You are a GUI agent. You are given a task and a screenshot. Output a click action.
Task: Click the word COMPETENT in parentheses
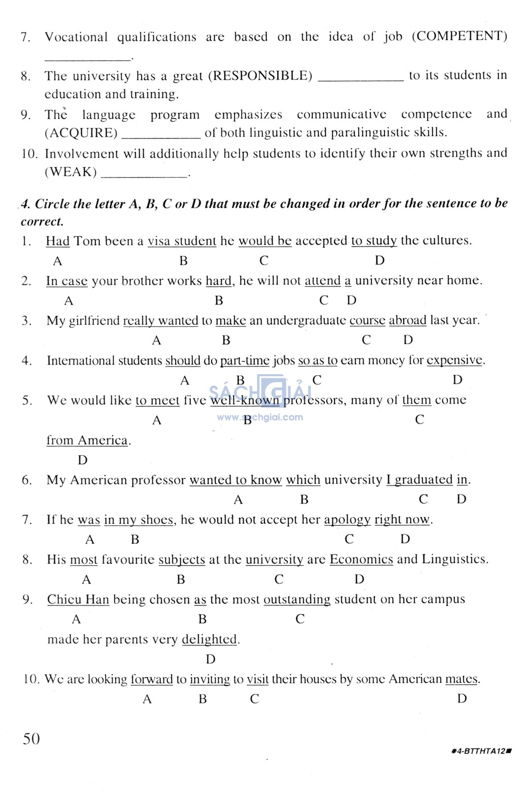[459, 36]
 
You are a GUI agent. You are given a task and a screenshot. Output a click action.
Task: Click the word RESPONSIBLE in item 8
[260, 76]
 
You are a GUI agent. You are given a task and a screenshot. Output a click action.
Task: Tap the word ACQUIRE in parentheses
[81, 133]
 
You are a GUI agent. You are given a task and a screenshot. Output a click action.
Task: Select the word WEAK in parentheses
[71, 172]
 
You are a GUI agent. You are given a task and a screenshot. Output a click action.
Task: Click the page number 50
[31, 739]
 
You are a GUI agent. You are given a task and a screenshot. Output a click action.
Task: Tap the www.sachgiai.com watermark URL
[260, 417]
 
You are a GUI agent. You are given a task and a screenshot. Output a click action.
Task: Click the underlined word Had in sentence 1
[57, 241]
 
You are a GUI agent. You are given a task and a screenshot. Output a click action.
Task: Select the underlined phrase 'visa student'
[182, 241]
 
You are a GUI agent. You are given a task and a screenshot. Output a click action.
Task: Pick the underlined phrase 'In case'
[67, 281]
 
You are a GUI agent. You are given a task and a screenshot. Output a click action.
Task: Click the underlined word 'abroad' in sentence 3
[407, 321]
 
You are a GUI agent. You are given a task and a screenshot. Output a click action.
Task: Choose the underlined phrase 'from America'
[87, 440]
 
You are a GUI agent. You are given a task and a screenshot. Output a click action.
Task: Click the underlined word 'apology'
[347, 520]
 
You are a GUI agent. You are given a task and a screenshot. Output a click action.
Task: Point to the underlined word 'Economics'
[361, 559]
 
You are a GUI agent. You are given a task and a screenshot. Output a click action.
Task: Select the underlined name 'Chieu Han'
[78, 600]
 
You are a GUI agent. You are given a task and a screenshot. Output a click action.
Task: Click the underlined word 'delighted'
[209, 640]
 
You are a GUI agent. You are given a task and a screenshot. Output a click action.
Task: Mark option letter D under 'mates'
[462, 699]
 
